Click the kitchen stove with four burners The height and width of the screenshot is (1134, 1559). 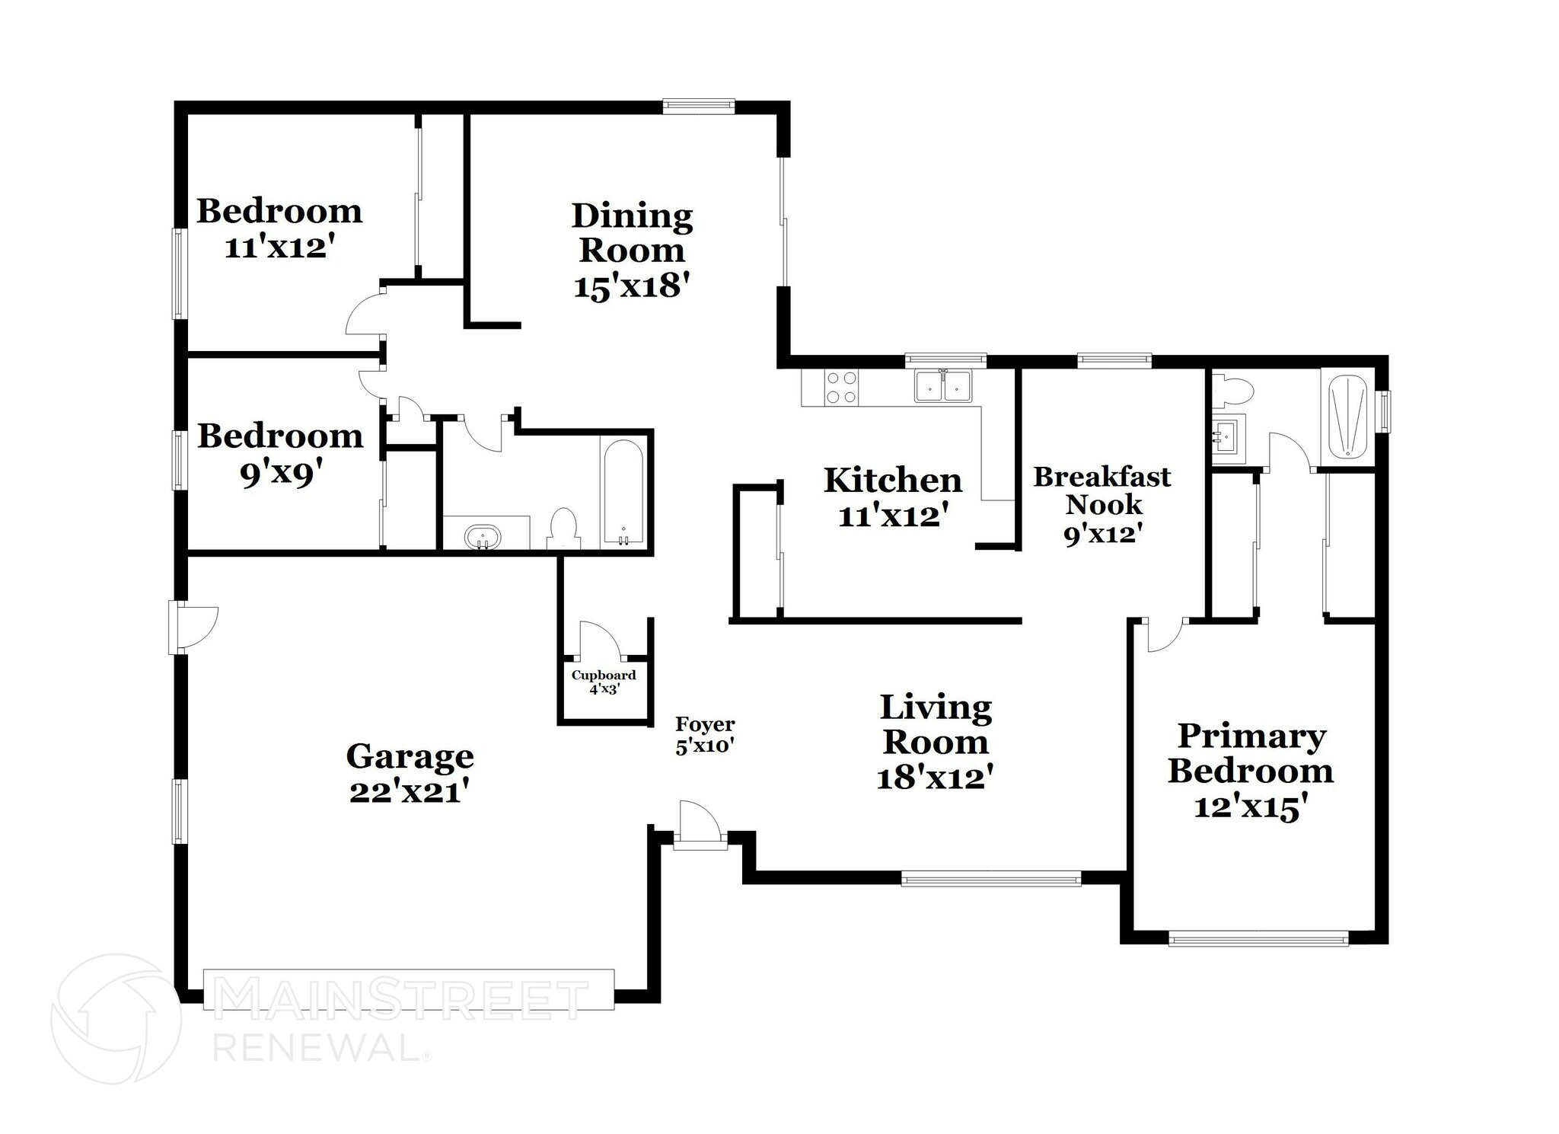click(x=841, y=386)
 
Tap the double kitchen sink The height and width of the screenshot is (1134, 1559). click(x=943, y=386)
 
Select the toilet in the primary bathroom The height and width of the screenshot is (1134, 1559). click(x=1233, y=391)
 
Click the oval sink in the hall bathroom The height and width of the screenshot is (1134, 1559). click(x=483, y=537)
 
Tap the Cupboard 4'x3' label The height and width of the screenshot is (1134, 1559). click(x=604, y=682)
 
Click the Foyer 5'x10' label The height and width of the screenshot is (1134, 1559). click(x=705, y=735)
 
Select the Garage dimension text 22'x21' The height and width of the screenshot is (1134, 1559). click(x=409, y=792)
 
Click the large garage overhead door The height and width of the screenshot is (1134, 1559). click(x=409, y=989)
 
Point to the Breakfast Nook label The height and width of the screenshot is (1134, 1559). click(x=1102, y=490)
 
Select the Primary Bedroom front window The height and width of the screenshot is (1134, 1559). click(x=1258, y=938)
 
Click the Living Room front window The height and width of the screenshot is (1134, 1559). click(x=990, y=878)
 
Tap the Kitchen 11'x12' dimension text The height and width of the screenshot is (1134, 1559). click(x=893, y=516)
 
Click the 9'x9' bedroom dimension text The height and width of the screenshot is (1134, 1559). click(x=277, y=474)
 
